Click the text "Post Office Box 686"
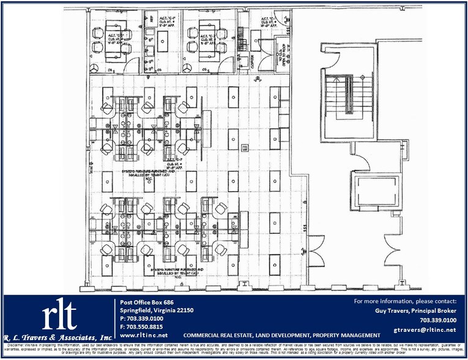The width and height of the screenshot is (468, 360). click(146, 302)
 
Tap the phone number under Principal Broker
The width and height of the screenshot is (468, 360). click(438, 320)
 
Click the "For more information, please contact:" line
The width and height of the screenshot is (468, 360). click(405, 302)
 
